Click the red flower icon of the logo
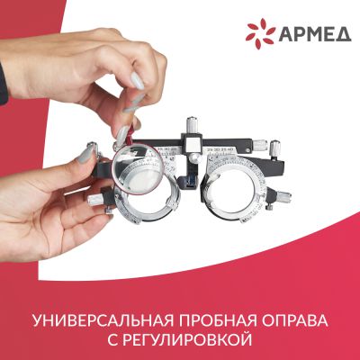tap(260, 33)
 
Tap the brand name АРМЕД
tap(315, 34)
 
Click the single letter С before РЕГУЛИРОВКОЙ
tap(112, 340)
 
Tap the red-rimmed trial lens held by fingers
tap(138, 170)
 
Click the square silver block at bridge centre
tap(192, 143)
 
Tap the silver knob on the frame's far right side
tap(283, 197)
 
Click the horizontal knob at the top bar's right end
tap(260, 146)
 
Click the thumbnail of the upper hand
tap(137, 80)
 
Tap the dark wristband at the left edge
tap(4, 84)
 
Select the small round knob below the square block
tap(195, 157)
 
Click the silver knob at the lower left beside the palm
tap(95, 199)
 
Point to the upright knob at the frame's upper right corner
tap(274, 148)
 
